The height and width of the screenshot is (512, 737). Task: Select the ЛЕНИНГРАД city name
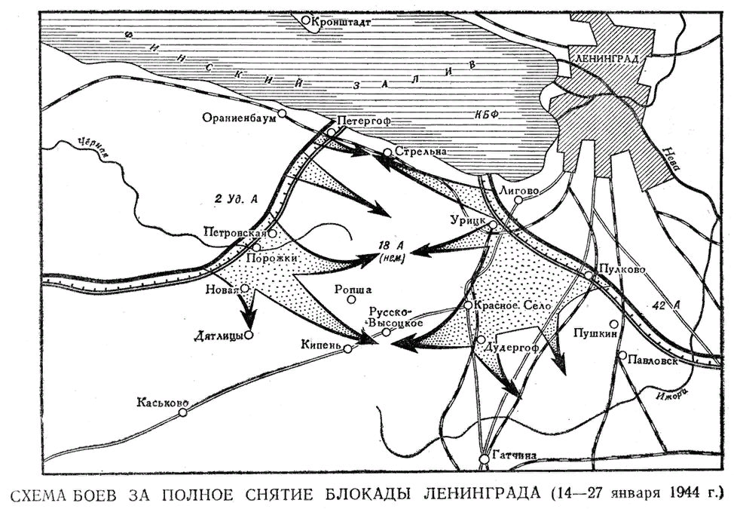pos(606,58)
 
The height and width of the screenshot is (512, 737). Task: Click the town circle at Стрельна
pos(387,152)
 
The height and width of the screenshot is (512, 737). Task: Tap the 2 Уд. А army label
pos(237,199)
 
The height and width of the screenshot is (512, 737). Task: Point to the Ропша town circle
pos(351,299)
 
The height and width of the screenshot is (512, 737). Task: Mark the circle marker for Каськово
pos(182,412)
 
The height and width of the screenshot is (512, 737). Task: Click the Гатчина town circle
pos(483,458)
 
